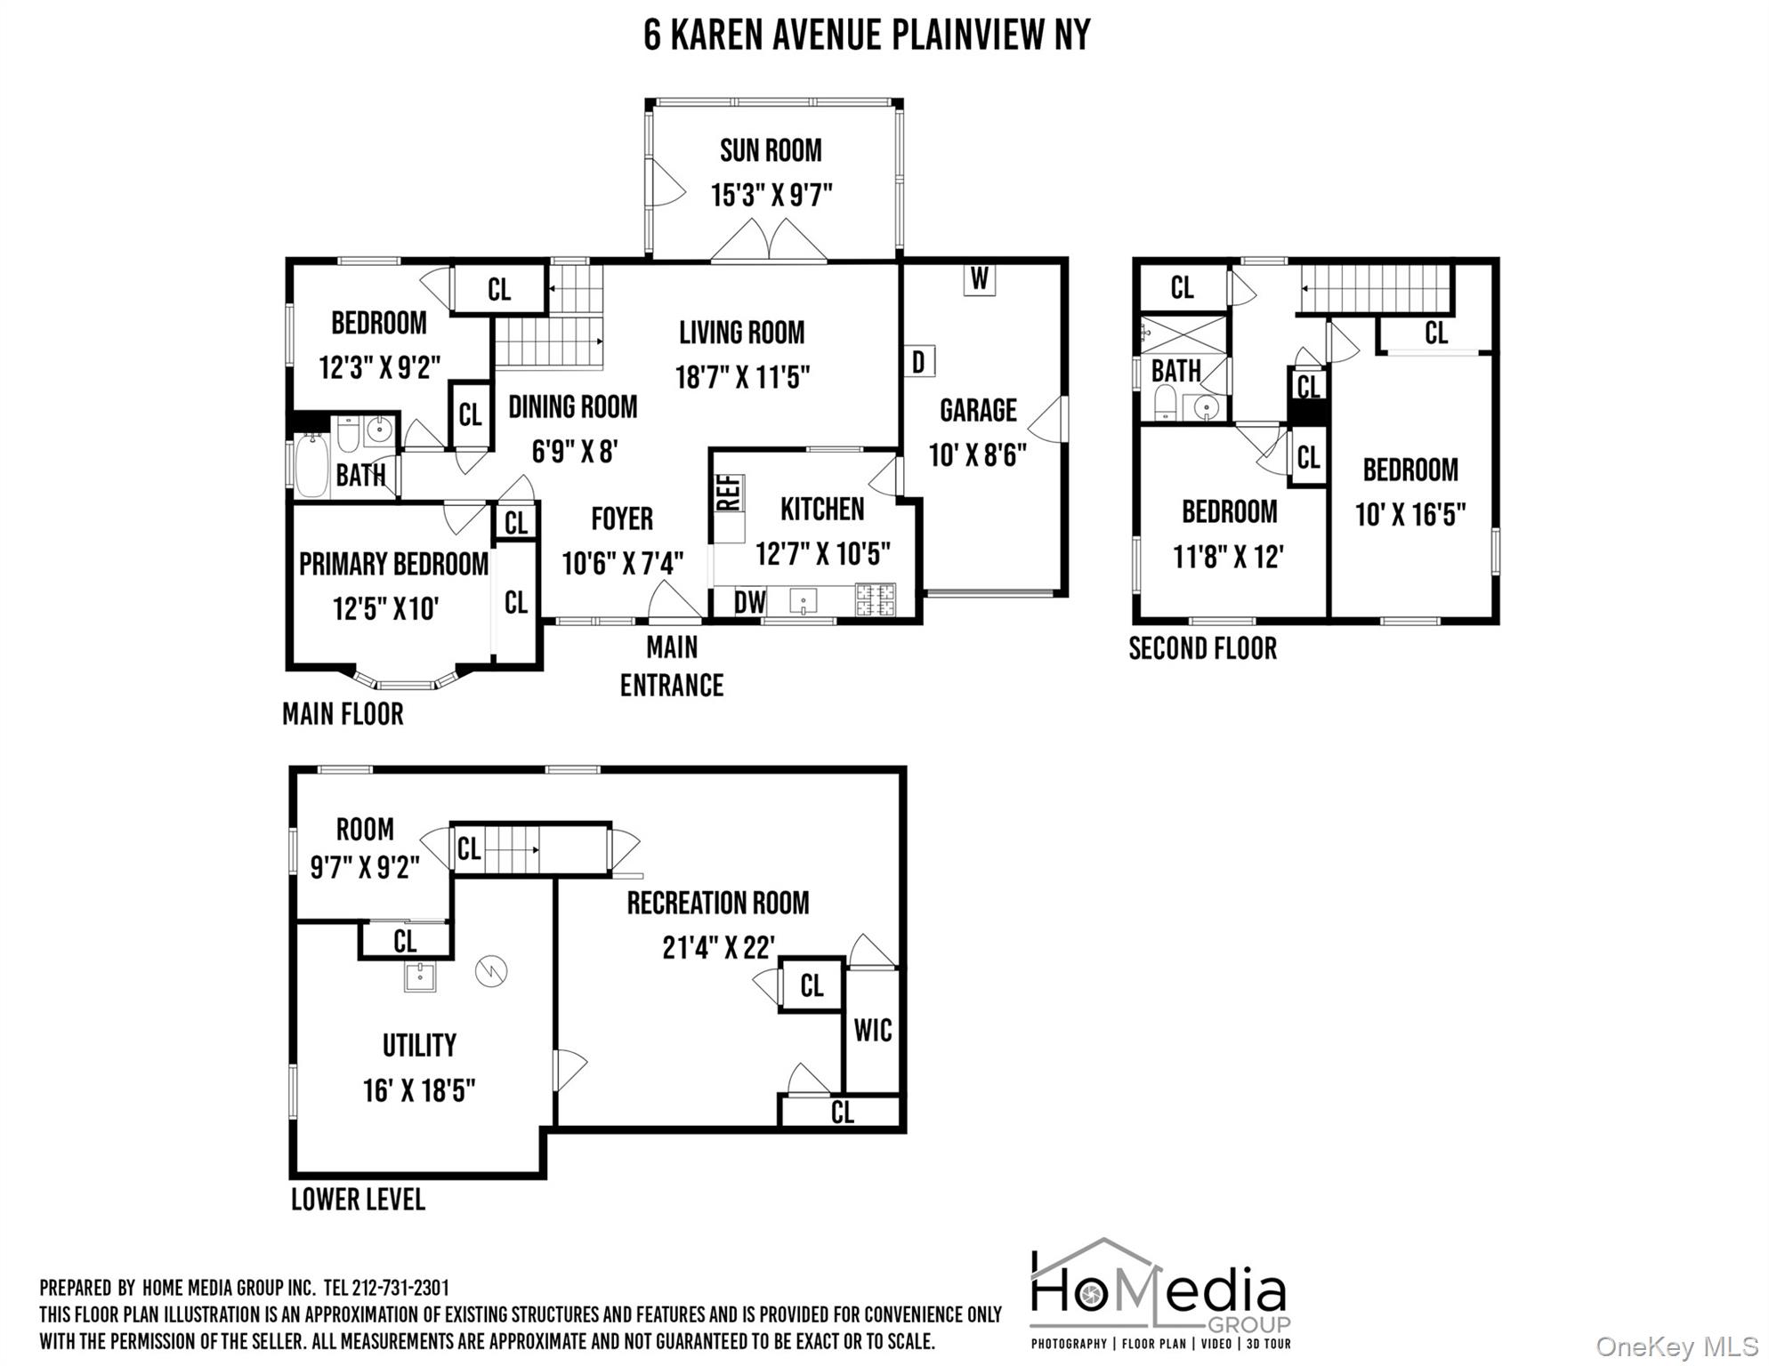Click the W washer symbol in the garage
click(x=979, y=279)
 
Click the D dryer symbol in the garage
click(x=919, y=362)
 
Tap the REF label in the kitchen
click(x=729, y=493)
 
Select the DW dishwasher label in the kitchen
click(x=749, y=602)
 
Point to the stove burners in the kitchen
click(x=876, y=600)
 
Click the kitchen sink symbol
click(x=803, y=602)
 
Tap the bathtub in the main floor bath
click(x=311, y=464)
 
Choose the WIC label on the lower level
click(x=872, y=1031)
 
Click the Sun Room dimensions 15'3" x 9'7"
click(x=771, y=195)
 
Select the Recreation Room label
click(x=718, y=904)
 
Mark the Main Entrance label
click(x=672, y=666)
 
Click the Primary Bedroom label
click(x=393, y=564)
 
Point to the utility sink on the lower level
click(x=419, y=976)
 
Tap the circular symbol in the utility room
click(x=490, y=970)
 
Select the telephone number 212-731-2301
click(x=400, y=1288)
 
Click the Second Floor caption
click(x=1202, y=648)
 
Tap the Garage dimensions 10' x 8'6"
click(x=977, y=455)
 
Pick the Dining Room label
click(x=572, y=407)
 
